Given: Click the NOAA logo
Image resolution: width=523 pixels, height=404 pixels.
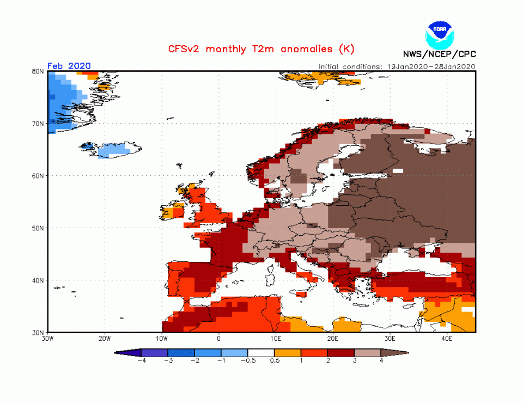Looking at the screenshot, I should tap(439, 34).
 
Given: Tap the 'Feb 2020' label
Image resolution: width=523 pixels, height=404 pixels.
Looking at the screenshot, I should tap(69, 66).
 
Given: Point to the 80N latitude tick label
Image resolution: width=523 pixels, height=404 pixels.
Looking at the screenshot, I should tap(38, 71).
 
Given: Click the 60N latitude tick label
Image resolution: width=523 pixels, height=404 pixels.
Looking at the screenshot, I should tap(38, 176).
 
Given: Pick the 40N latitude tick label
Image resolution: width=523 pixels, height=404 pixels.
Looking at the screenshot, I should tap(38, 280).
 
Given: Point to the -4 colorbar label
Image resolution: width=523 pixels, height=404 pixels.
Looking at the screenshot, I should tap(141, 360).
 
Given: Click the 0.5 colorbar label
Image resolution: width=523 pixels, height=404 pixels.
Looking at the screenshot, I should tap(275, 360).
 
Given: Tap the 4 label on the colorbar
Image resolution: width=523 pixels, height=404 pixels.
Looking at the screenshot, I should tap(381, 360).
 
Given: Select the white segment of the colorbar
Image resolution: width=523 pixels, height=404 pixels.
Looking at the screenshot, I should tap(261, 353).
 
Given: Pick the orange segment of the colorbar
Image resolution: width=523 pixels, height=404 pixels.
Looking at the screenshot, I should tap(288, 353).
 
